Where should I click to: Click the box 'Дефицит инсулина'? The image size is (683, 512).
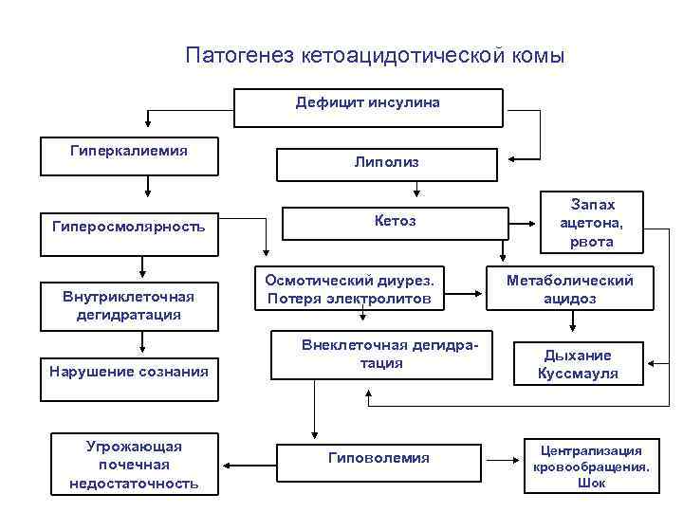[367, 107]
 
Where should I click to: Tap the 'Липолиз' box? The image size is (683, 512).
[386, 163]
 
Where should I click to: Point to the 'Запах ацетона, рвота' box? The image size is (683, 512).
[592, 224]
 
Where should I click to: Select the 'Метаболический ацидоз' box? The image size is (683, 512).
[570, 289]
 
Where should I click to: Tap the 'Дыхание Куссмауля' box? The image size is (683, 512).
[579, 364]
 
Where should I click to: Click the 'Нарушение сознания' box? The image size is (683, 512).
[128, 372]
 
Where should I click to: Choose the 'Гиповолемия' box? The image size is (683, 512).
[378, 460]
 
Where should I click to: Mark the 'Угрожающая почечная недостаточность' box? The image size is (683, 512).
[134, 465]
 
